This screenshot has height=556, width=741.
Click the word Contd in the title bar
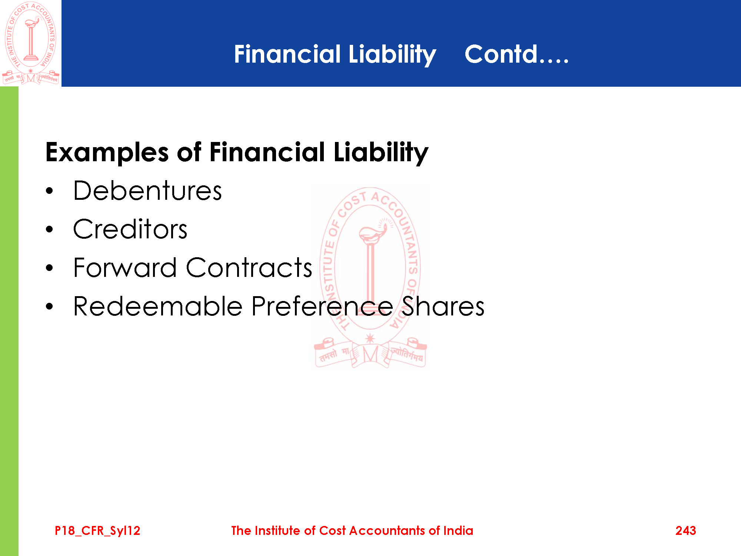click(x=501, y=54)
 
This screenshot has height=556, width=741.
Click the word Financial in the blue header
click(x=287, y=54)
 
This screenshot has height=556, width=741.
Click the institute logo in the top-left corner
click(x=31, y=43)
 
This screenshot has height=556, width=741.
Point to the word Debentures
click(x=147, y=191)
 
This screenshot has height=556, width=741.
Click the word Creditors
click(x=130, y=229)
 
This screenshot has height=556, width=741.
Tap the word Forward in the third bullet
click(x=125, y=268)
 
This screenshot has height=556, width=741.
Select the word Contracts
click(x=249, y=268)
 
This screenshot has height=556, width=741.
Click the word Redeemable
click(x=158, y=306)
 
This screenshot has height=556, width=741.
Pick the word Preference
click(x=322, y=306)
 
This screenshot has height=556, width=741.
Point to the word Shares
click(x=443, y=306)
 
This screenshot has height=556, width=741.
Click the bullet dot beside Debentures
click(x=50, y=191)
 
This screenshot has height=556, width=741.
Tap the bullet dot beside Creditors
click(x=50, y=229)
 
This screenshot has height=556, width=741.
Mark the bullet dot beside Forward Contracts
click(x=50, y=268)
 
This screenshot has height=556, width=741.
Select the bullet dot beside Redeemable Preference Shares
click(x=50, y=307)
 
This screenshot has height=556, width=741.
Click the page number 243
click(x=685, y=531)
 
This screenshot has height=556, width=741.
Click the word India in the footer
click(x=458, y=531)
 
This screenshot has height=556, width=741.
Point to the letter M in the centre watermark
click(x=370, y=354)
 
